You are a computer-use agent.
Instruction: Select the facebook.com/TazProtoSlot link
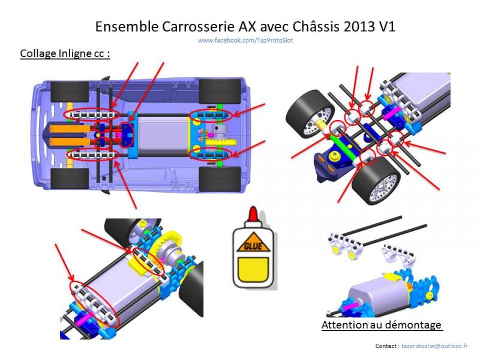pos(245,40)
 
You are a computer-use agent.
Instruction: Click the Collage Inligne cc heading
pos(64,53)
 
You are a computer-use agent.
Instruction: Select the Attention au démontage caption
pos(382,325)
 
